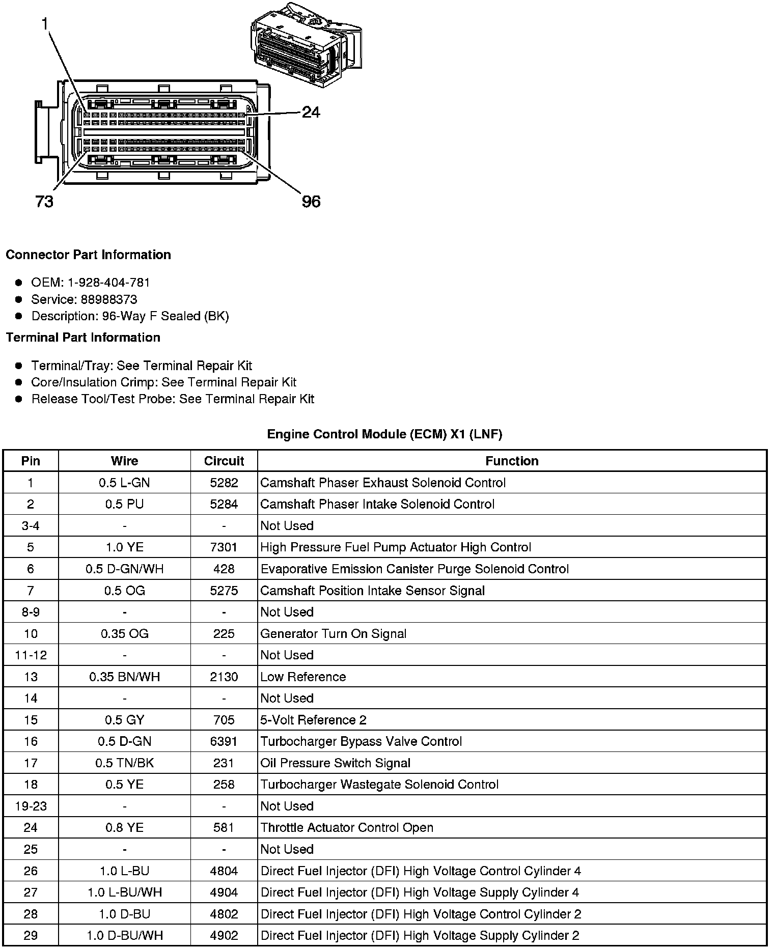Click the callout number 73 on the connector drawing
(44, 202)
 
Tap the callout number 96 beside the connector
(311, 202)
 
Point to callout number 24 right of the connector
(311, 112)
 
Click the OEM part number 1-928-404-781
(108, 283)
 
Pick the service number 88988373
(109, 299)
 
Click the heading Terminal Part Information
(83, 338)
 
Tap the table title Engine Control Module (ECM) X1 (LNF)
(384, 434)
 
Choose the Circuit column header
(224, 461)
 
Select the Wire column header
(124, 461)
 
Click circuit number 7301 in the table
(224, 547)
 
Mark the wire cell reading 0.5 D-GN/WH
(124, 569)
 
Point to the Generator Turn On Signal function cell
(334, 634)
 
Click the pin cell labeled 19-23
(31, 806)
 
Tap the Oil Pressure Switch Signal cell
(336, 763)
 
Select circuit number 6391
(224, 741)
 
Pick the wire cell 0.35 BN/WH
(124, 677)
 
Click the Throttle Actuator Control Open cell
(347, 828)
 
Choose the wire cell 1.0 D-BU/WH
(124, 935)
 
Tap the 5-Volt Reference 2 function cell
(313, 720)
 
